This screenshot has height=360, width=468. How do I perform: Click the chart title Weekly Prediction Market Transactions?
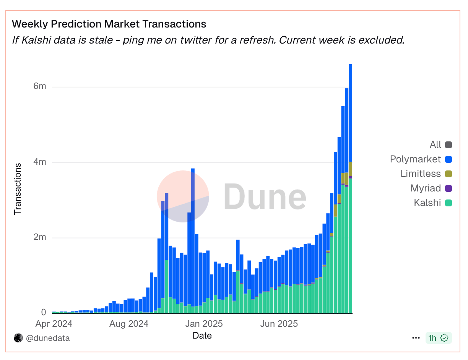pos(109,24)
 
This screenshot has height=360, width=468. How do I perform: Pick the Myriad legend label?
pos(426,188)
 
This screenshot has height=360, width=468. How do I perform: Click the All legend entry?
pos(435,145)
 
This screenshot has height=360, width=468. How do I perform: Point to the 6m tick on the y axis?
pos(40,86)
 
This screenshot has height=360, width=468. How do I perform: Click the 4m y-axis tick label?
pos(40,162)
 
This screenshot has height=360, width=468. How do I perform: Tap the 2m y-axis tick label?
pos(40,237)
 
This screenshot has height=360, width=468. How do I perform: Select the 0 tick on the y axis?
pos(44,313)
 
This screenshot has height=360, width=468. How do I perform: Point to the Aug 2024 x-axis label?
pos(128,324)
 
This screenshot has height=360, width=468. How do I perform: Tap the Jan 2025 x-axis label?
pos(203,324)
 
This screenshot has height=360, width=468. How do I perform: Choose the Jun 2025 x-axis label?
pos(279,324)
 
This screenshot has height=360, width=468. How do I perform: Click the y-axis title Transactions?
pos(18,189)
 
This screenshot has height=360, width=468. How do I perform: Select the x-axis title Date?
pos(202,336)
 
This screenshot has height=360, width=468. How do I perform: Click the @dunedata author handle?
pos(48,338)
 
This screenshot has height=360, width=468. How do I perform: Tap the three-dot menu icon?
pos(416,338)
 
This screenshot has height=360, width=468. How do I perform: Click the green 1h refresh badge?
pos(438,338)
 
